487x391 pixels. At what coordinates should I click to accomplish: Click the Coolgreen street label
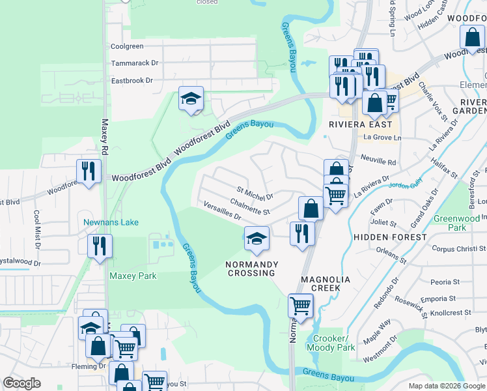point(127,46)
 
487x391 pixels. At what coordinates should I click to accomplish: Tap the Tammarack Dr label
point(135,63)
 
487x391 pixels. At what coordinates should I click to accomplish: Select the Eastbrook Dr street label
point(132,81)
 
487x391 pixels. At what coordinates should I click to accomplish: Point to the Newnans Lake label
point(111,222)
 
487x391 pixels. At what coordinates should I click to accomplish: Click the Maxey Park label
point(133,276)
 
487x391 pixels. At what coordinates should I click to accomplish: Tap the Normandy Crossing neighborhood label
point(252,268)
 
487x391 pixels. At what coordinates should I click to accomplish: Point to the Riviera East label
point(361,124)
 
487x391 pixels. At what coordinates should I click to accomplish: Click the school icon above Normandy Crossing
point(257,239)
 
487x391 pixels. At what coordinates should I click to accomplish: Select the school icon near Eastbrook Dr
point(191,99)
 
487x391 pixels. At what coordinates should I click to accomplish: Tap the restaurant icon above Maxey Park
point(100,247)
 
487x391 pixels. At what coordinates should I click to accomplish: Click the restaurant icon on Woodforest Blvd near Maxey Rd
point(87,172)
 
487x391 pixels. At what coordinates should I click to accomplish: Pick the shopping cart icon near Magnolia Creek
point(300,306)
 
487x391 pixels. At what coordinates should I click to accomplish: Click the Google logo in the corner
point(21,383)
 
